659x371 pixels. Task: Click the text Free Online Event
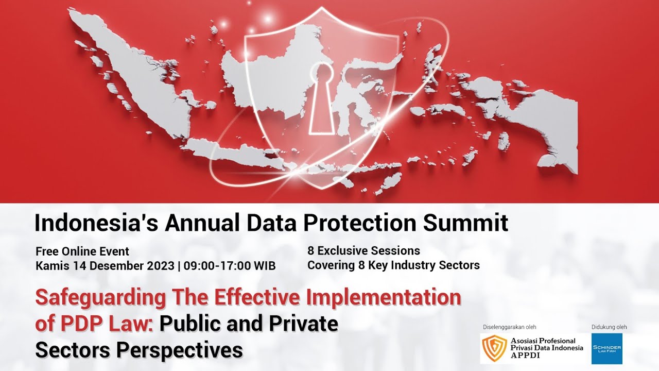82,252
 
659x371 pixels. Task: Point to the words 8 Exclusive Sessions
363,251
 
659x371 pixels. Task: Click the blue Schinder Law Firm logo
606,348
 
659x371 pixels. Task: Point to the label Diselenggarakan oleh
510,327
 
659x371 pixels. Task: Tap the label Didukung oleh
609,327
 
